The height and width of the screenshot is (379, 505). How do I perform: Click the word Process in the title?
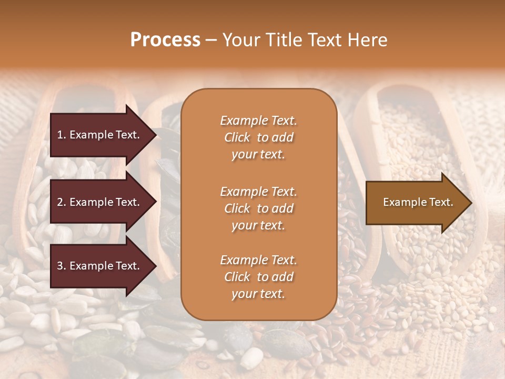(165, 40)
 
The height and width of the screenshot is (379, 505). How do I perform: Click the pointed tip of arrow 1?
(155, 135)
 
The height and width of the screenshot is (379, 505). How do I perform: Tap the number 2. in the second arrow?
(61, 202)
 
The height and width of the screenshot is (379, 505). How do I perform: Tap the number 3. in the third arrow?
(61, 266)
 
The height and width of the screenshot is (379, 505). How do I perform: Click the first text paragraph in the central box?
(258, 137)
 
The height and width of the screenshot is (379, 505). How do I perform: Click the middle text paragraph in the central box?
(258, 208)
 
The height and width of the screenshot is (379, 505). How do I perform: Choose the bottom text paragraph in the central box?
(258, 277)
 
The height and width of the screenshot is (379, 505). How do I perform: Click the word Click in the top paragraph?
(237, 137)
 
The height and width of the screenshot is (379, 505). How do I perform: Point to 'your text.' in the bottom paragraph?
(258, 294)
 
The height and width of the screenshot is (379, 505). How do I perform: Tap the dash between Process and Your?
(211, 40)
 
